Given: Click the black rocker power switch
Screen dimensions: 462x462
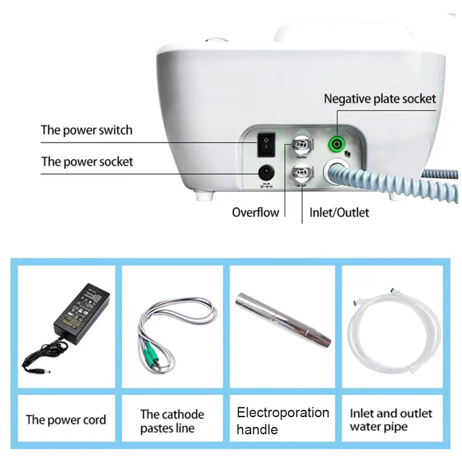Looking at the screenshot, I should click(267, 144).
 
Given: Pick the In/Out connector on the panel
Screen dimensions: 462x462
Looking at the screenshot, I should click(301, 175).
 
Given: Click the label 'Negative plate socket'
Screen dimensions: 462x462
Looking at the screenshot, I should click(379, 98).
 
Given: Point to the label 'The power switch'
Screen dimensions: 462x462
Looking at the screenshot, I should click(86, 130).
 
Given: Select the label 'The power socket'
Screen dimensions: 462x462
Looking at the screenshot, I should click(87, 162).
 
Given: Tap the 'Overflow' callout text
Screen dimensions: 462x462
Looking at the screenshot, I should click(255, 213).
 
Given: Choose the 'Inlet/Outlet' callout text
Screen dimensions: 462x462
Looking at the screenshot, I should click(339, 213).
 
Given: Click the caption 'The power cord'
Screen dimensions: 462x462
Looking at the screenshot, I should click(66, 420).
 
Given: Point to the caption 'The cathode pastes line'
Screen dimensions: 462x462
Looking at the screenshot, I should click(172, 421).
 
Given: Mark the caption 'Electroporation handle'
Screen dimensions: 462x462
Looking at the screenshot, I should click(282, 420).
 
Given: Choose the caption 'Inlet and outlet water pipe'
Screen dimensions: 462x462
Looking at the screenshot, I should click(391, 419).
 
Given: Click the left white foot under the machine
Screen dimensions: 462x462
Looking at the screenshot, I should click(203, 195).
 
